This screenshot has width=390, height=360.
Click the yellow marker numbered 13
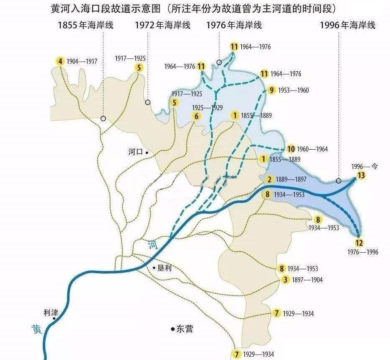(361, 175)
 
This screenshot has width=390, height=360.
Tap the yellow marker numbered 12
(359, 243)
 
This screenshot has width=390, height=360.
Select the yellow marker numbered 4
(61, 61)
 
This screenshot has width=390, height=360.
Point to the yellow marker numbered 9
(272, 90)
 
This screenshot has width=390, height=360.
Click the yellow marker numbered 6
(196, 117)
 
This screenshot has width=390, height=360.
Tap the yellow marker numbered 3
(285, 280)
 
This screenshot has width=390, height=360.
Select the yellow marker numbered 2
(269, 179)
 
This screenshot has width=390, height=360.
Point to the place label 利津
(50, 312)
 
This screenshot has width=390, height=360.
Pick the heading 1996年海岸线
(347, 26)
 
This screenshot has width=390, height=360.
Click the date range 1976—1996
(363, 252)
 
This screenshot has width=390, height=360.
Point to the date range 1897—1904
(307, 280)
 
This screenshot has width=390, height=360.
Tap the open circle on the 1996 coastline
(338, 181)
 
